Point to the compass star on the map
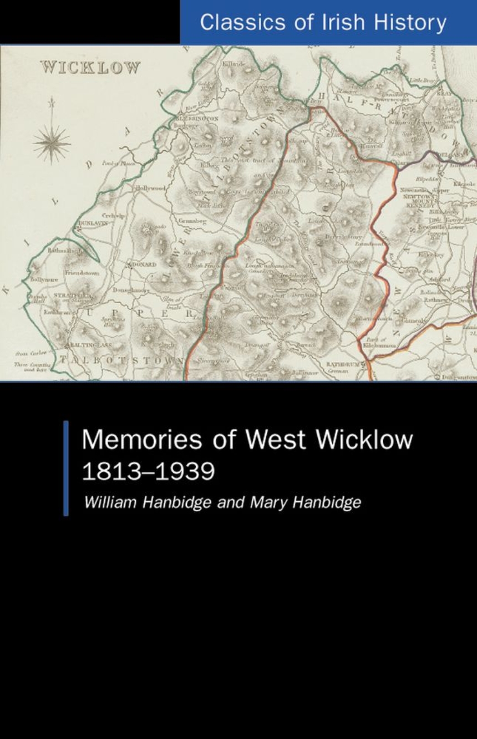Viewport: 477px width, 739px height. point(52,142)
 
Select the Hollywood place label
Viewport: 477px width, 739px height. point(151,188)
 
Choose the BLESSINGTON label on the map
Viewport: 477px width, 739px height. point(197,119)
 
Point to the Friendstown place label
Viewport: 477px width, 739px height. point(82,273)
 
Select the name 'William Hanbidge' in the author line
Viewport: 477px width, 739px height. point(139,502)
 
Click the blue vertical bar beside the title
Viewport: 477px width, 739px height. point(66,468)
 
